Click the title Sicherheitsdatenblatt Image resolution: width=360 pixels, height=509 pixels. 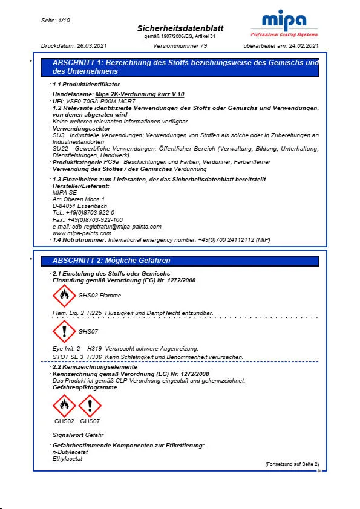point(180,29)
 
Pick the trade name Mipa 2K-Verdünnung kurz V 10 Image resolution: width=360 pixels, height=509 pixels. point(140,95)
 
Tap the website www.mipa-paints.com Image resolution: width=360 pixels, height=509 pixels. point(82,233)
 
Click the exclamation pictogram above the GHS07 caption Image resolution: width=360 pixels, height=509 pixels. point(90,406)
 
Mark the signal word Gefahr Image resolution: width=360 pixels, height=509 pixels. point(94,435)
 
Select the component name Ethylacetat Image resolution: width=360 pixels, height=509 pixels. point(68,459)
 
